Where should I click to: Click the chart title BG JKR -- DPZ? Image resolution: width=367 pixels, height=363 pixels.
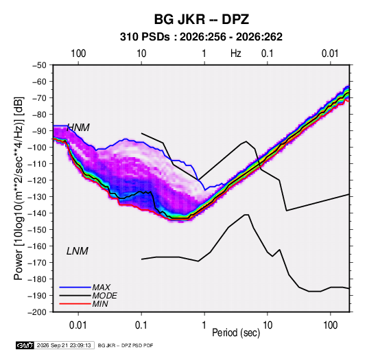[x=201, y=19]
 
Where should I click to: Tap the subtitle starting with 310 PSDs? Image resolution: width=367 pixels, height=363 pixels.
[x=201, y=37]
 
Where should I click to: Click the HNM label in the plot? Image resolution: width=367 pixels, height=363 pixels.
[x=78, y=128]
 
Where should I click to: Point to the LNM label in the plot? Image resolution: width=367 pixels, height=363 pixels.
[x=78, y=251]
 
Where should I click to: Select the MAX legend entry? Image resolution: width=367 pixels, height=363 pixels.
[x=102, y=287]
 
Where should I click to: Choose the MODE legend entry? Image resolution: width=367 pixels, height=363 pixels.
[x=105, y=296]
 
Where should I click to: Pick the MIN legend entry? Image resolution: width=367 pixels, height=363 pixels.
[x=100, y=304]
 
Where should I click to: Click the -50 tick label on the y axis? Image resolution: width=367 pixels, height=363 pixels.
[x=39, y=65]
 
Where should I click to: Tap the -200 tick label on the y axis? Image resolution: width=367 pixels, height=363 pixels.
[x=37, y=312]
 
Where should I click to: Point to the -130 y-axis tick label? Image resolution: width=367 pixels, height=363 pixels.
[x=37, y=197]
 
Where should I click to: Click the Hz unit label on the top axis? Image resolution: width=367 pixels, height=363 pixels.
[x=236, y=54]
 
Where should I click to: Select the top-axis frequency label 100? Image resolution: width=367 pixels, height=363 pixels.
[x=78, y=54]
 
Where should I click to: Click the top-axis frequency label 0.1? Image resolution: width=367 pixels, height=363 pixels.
[x=268, y=54]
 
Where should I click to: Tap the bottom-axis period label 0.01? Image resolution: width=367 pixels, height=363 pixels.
[x=78, y=325]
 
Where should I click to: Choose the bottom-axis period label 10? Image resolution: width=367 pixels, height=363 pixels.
[x=268, y=325]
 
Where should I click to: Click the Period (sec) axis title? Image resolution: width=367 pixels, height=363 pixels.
[x=236, y=333]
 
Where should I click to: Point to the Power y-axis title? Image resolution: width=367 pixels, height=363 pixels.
[x=19, y=189]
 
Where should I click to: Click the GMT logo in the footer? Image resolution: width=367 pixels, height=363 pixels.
[x=25, y=345]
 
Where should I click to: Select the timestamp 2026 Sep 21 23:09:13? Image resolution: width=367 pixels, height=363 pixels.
[x=64, y=345]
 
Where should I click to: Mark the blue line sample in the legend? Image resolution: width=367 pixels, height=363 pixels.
[x=75, y=287]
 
